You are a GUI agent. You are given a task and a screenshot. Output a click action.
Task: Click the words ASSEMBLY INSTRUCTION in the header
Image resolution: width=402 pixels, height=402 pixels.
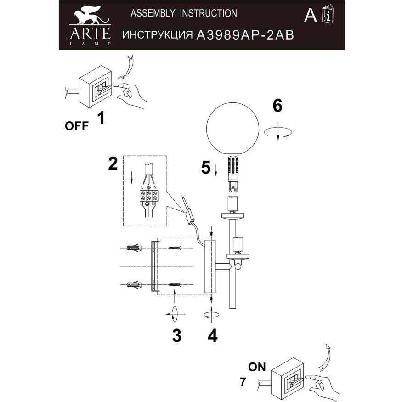tap(184, 13)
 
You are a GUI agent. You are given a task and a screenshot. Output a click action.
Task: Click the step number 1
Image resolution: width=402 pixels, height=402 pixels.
tap(101, 119)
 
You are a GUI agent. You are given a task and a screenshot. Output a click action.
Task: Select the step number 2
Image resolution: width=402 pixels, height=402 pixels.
tap(113, 164)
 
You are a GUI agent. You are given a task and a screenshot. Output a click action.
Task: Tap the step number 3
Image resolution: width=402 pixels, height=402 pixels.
tap(176, 336)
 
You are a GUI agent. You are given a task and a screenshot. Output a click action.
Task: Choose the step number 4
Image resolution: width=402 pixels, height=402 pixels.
tap(212, 336)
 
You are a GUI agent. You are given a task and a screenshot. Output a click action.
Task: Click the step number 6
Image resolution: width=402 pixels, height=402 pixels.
tap(277, 106)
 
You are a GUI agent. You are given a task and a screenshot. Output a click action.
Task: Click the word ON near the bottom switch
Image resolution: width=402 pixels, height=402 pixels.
tap(258, 367)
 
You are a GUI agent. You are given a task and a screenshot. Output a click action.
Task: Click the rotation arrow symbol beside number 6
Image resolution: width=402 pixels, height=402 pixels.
tap(278, 132)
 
